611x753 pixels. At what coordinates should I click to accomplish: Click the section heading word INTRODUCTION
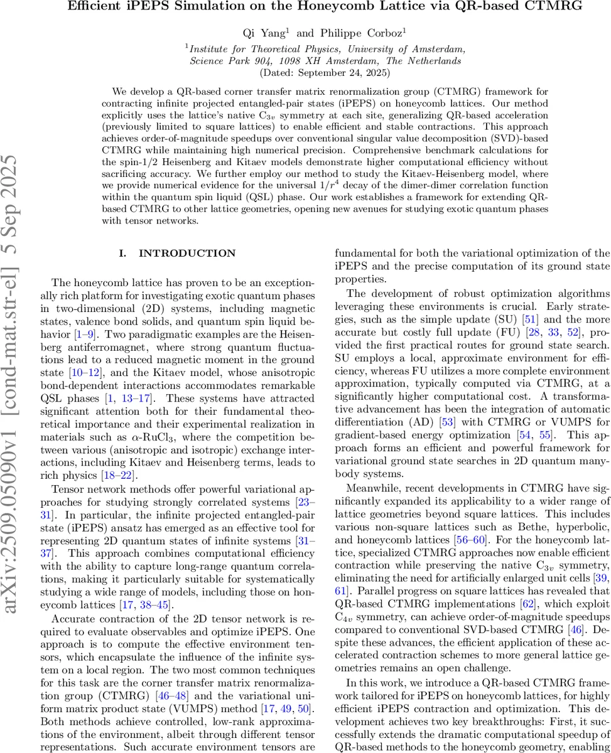187,254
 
